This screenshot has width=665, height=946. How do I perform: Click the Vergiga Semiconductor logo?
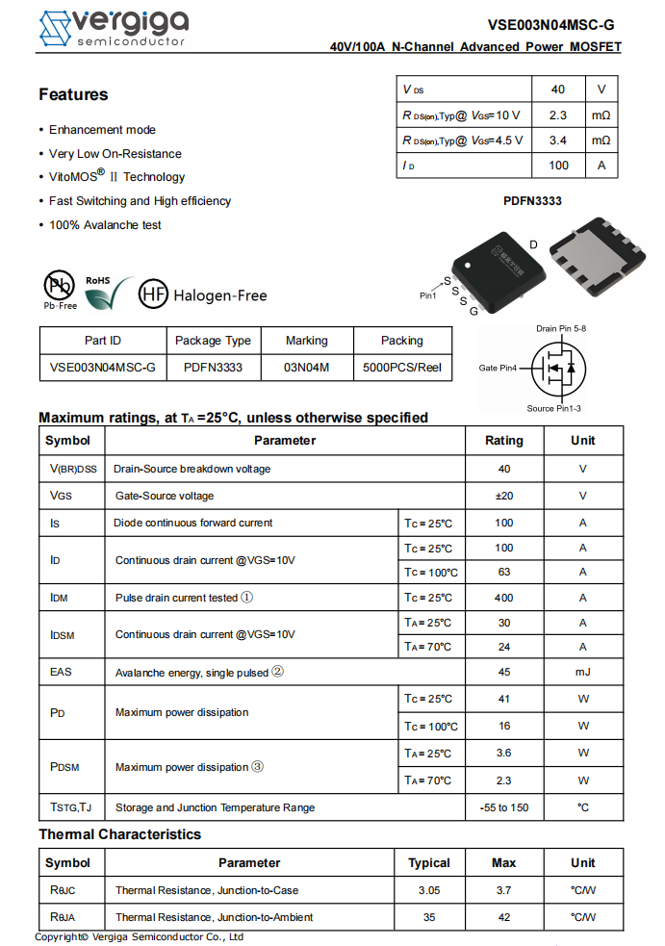[113, 28]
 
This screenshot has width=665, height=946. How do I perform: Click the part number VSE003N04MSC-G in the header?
[550, 26]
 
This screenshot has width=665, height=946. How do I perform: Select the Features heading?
[73, 94]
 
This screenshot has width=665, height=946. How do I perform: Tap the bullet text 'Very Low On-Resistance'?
[115, 154]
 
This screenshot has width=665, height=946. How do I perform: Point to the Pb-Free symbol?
[60, 287]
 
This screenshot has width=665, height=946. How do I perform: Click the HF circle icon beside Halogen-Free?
[153, 294]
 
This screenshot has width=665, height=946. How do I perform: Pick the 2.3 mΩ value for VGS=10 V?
[557, 115]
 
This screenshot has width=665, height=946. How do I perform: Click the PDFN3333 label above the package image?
[532, 201]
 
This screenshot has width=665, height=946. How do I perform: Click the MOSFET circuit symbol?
[559, 367]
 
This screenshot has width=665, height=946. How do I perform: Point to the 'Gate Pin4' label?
[498, 368]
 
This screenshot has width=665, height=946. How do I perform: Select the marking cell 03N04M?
[307, 367]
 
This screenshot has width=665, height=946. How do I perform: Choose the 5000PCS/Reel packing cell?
[402, 367]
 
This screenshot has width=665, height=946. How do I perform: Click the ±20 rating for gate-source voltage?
[503, 496]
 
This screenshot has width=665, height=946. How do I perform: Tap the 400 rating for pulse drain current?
[503, 598]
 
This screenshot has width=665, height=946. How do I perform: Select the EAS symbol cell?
[62, 672]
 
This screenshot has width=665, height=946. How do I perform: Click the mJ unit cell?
[582, 672]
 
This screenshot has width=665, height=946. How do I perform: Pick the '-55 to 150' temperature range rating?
[503, 807]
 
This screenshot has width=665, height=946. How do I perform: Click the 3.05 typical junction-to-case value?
[429, 890]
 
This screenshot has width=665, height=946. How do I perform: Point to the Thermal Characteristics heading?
[119, 834]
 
